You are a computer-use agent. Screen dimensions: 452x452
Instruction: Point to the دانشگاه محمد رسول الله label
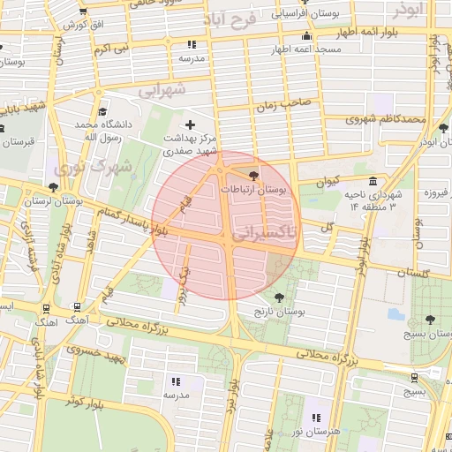click(x=103, y=132)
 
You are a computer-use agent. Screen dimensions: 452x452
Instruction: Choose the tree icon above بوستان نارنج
click(x=280, y=298)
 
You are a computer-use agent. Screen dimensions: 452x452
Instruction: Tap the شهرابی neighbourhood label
click(x=163, y=90)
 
